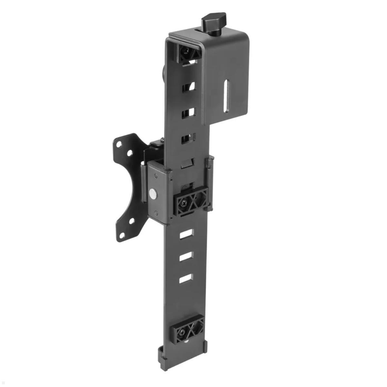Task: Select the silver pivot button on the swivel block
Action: (x=153, y=194)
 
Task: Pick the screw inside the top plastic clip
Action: (x=185, y=51)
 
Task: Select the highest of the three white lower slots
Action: (x=186, y=234)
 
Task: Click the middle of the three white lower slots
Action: (x=186, y=257)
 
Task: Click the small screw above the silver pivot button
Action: (x=156, y=176)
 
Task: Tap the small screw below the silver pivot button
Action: (x=156, y=213)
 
